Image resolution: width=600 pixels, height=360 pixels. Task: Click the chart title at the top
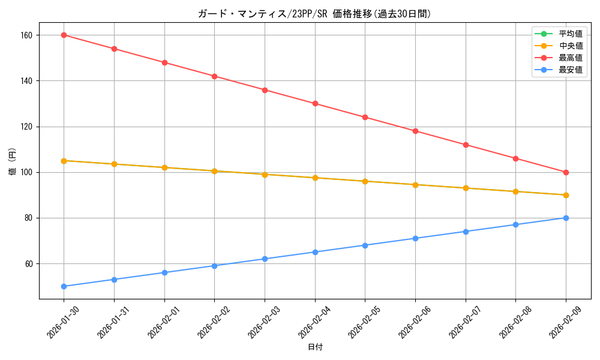click(x=314, y=14)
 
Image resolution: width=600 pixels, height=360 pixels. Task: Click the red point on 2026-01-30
click(x=64, y=35)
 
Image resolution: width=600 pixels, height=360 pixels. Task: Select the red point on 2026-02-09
click(x=566, y=172)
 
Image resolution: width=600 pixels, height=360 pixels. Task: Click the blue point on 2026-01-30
click(x=64, y=286)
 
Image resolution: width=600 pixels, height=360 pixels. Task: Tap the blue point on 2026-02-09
click(x=566, y=218)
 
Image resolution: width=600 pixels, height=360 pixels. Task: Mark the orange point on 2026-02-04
click(x=315, y=178)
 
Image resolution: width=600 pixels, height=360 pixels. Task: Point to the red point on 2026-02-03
click(x=265, y=90)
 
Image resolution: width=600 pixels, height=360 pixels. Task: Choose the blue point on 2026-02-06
click(x=415, y=238)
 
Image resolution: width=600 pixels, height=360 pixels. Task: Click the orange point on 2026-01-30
click(x=64, y=161)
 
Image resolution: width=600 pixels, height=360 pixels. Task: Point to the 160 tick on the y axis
click(x=27, y=35)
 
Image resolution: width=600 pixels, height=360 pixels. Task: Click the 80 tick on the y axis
click(x=29, y=218)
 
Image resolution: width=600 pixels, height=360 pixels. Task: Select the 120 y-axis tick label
click(x=27, y=127)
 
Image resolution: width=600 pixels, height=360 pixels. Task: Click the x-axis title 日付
click(x=315, y=347)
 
